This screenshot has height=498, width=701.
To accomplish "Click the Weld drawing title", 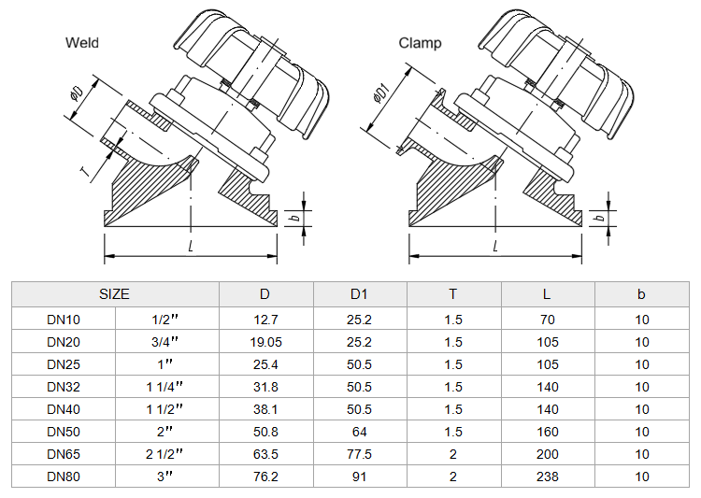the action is coord(82,43).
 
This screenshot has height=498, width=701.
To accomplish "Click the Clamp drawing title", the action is coord(420,43).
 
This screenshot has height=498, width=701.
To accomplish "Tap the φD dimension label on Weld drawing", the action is coord(78,94).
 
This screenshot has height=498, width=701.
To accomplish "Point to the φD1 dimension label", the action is coord(381,92).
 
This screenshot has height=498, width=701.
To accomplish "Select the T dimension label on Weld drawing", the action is coord(84,171).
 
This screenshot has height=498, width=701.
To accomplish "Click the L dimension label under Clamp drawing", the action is coord(495,246).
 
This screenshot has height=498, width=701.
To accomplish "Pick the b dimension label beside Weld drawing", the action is coord(294,218).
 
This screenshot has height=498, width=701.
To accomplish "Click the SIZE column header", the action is coord(114,294).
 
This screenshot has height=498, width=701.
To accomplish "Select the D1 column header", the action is coord(359,294).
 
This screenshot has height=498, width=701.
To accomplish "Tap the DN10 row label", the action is coord(64,320).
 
